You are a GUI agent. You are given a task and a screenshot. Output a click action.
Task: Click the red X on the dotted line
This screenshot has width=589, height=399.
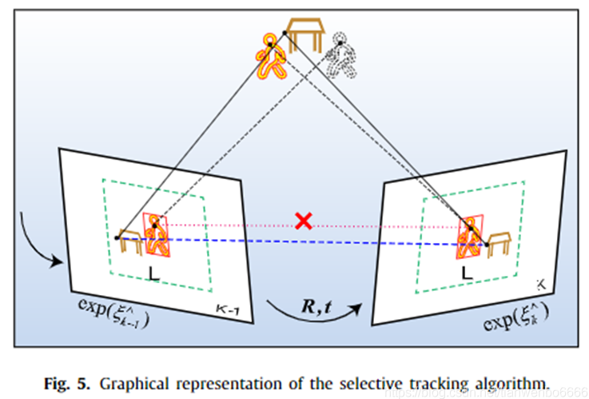click(x=303, y=221)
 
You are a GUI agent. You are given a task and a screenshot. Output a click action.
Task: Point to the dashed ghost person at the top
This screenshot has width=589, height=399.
click(x=342, y=56)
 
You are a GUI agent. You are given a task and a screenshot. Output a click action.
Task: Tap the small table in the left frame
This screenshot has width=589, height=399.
click(x=130, y=237)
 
